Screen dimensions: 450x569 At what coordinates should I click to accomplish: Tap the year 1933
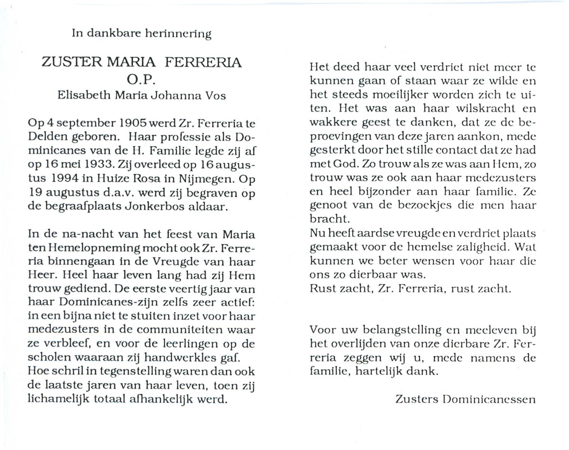point(102,165)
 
